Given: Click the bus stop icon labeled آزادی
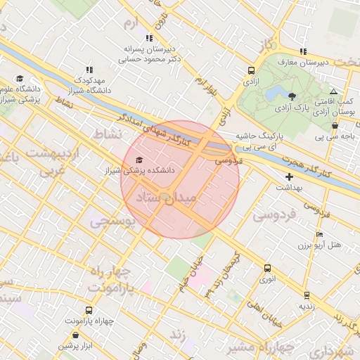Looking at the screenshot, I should tap(251, 70).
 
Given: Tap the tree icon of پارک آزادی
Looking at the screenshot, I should tap(292, 96).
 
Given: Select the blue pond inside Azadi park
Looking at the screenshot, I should tap(273, 94).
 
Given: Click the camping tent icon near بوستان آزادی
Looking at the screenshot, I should tap(333, 92).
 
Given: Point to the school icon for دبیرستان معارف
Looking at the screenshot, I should tap(303, 51).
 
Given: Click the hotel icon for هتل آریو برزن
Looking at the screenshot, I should tap(320, 234).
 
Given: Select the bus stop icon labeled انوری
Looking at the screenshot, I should tap(266, 268).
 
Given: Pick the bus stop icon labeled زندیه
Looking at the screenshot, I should tap(306, 295).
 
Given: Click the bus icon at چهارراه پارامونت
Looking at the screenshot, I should tap(89, 310).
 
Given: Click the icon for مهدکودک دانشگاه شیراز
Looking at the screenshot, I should tap(89, 70).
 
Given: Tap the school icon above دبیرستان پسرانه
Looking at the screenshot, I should tap(148, 38).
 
